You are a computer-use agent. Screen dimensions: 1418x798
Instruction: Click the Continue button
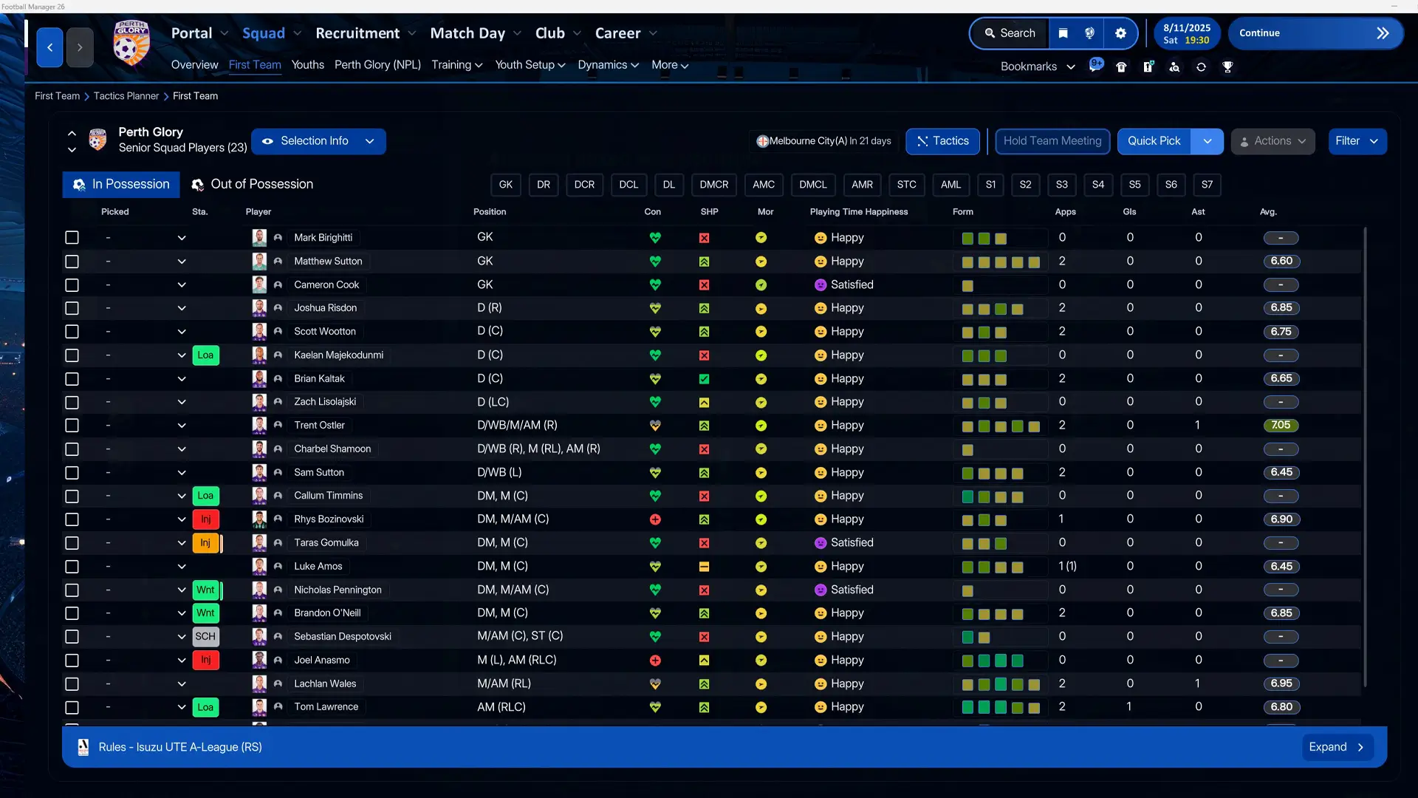1315,33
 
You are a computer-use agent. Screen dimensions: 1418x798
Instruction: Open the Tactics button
942,141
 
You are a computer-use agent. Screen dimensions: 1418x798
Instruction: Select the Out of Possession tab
252,184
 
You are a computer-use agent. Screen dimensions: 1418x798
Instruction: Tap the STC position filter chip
906,185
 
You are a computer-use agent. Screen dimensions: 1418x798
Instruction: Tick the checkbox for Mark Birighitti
72,237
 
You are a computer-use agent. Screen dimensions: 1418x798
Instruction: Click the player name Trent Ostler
319,425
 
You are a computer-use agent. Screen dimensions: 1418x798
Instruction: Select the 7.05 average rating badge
1281,425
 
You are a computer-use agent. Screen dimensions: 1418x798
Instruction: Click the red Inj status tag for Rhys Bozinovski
205,519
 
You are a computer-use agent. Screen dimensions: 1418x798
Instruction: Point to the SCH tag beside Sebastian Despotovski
205,636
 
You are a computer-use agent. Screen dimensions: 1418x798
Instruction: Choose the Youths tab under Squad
307,65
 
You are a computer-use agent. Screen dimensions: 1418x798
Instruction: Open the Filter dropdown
1357,141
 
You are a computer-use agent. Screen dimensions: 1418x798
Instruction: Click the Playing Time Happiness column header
858,212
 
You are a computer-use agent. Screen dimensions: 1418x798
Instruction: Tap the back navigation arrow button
49,48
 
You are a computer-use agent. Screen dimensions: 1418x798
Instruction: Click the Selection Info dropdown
318,141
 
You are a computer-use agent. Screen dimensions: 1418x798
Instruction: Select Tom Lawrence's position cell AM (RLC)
501,707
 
